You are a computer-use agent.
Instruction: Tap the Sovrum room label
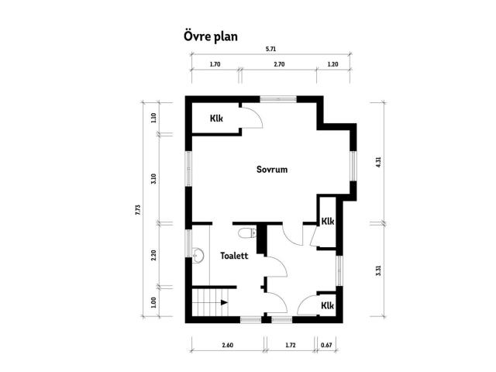(272, 169)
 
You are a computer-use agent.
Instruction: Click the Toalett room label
(234, 255)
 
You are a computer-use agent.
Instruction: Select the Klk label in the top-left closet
(217, 119)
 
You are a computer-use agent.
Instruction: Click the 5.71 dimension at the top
(270, 49)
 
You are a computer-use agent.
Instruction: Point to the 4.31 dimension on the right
(377, 162)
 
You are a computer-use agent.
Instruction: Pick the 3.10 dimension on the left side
(154, 177)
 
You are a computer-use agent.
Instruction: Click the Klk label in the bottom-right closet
(327, 305)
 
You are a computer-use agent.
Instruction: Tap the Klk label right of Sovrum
(327, 220)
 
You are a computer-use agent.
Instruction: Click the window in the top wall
(277, 98)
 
